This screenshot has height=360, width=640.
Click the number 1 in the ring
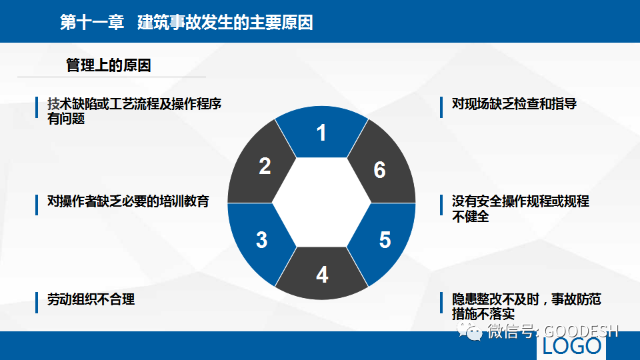tap(321, 133)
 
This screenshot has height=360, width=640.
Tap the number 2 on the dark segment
tap(265, 166)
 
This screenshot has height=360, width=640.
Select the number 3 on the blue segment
tap(261, 240)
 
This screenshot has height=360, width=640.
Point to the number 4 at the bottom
tap(322, 275)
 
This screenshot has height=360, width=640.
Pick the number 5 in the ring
tap(385, 240)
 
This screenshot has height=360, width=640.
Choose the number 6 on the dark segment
tap(379, 170)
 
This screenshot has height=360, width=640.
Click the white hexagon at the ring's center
tap(321, 203)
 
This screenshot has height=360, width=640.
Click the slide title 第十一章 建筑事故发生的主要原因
tap(187, 22)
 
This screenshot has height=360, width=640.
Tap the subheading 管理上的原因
tap(109, 65)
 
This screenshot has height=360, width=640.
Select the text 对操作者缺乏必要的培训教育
tap(128, 201)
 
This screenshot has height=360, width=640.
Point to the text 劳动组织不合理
tap(91, 299)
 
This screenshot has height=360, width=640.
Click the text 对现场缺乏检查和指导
tap(514, 104)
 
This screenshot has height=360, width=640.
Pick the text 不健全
tap(471, 216)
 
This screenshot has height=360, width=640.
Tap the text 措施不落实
tap(483, 314)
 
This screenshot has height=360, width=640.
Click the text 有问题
tap(66, 119)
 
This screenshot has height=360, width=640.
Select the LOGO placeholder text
tap(572, 346)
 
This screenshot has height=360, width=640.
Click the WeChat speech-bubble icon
tap(469, 331)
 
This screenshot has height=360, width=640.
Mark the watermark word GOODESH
tap(581, 331)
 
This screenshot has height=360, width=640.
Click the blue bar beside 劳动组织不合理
tap(37, 303)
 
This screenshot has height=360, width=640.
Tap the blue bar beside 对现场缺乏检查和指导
tap(441, 107)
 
